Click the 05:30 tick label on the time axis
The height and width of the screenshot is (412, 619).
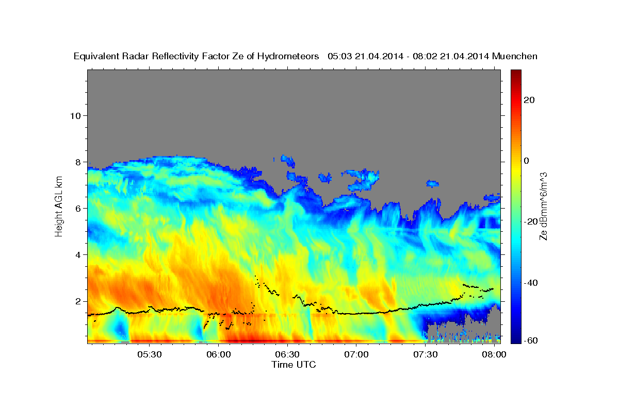pos(150,354)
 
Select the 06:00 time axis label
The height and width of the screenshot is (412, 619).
pos(219,354)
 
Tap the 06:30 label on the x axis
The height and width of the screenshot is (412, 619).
pos(287,354)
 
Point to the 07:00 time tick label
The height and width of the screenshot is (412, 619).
pos(356,354)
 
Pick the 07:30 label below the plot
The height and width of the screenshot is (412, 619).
pos(425,354)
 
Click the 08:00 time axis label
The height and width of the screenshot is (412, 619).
pos(494,354)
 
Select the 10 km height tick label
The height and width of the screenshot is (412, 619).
pos(75,116)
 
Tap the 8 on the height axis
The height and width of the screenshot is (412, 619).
pos(78,162)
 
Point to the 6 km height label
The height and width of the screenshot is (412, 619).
pos(78,209)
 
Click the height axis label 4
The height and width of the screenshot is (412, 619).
pos(78,255)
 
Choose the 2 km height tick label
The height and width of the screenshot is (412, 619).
pos(78,301)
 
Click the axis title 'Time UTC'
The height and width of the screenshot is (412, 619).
pos(294,365)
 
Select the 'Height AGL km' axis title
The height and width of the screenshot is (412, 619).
pos(59,207)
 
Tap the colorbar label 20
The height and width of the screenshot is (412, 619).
pos(529,100)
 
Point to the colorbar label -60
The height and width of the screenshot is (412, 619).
pos(531,340)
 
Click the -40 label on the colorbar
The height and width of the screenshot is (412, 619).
pos(531,283)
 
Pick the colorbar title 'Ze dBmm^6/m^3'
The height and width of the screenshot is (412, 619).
pos(543,207)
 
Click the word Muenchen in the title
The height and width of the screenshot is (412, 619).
pos(515,56)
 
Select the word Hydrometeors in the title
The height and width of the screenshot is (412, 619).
pos(288,57)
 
